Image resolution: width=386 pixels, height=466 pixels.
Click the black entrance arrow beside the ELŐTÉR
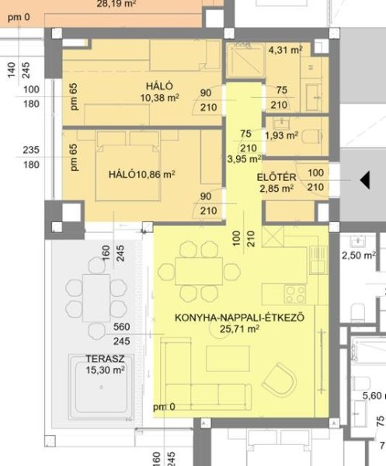point(365,180)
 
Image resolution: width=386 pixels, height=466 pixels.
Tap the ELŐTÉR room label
point(276,177)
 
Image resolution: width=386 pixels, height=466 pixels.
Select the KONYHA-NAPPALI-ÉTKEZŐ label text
point(239,318)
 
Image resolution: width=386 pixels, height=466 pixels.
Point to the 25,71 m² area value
point(239,329)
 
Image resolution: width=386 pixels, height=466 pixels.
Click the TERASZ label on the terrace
point(105,359)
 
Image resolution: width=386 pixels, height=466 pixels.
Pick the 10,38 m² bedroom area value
point(160,98)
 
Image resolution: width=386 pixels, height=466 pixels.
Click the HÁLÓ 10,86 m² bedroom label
point(142,174)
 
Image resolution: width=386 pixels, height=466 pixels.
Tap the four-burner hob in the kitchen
point(295,294)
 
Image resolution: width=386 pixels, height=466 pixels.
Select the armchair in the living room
point(280,380)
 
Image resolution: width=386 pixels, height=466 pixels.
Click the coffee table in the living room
point(228,358)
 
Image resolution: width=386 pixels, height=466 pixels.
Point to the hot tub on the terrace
point(101,388)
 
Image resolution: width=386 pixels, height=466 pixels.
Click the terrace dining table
point(96,298)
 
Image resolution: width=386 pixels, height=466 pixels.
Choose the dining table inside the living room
point(199,271)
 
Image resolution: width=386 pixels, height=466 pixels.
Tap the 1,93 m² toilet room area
point(281,136)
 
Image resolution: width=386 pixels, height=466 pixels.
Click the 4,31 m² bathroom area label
point(285,50)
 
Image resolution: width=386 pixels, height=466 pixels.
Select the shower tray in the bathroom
point(245,61)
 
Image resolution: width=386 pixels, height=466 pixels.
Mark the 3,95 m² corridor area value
point(244,159)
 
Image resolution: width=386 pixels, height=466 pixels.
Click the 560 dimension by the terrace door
point(121,327)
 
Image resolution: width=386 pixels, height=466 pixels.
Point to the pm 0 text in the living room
point(164,407)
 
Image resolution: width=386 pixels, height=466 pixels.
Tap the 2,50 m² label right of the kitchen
point(359,256)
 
